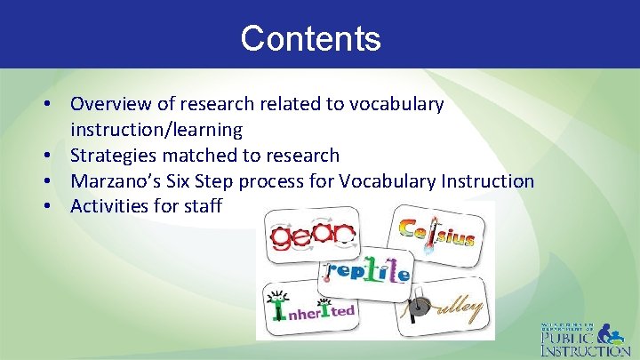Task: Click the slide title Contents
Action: point(310,38)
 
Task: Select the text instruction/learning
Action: point(156,130)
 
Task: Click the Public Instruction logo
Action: point(586,338)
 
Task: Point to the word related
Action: point(292,104)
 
